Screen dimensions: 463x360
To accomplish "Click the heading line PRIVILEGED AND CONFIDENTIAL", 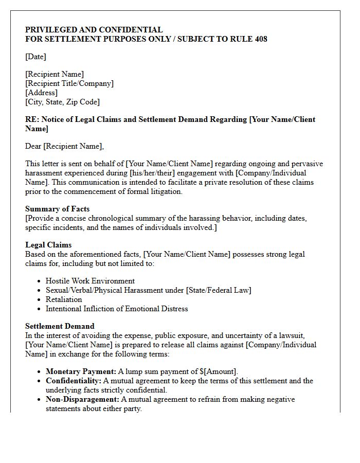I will [x=94, y=30].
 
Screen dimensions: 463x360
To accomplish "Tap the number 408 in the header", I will [x=261, y=39].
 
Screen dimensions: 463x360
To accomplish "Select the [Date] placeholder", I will [x=35, y=57].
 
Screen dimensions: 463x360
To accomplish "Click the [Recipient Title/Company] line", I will [x=69, y=83].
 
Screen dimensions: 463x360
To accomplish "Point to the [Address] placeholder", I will [x=41, y=93].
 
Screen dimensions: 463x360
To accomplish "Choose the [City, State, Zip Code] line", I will [x=62, y=102].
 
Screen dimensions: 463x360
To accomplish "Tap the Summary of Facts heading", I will [x=57, y=209].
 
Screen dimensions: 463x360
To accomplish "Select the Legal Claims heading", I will [x=48, y=245].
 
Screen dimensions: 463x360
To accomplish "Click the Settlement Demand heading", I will [x=60, y=326].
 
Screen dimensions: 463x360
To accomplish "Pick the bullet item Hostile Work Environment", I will [x=90, y=281].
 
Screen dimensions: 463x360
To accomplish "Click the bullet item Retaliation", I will [x=64, y=299].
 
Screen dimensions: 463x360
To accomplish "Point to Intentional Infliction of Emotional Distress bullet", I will [x=117, y=309].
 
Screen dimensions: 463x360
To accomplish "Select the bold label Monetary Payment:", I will [x=81, y=371].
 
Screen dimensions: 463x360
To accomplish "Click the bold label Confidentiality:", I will [x=74, y=381].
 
